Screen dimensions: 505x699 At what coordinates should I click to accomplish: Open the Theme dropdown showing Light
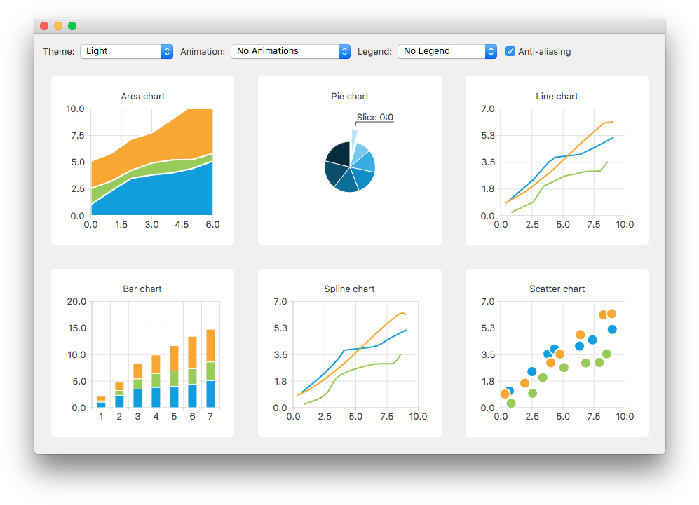pyautogui.click(x=126, y=51)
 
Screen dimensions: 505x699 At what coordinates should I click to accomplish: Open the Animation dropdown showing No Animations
pyautogui.click(x=290, y=51)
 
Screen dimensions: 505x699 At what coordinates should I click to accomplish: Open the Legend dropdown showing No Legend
pyautogui.click(x=447, y=51)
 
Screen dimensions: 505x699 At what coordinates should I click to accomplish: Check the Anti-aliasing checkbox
pyautogui.click(x=510, y=51)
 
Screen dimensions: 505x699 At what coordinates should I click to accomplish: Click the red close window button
pyautogui.click(x=44, y=26)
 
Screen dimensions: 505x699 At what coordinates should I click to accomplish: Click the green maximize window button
pyautogui.click(x=72, y=26)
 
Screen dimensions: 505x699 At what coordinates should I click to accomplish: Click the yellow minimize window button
pyautogui.click(x=58, y=26)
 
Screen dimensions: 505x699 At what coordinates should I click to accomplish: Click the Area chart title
pyautogui.click(x=142, y=96)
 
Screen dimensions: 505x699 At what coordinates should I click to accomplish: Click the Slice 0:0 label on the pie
pyautogui.click(x=374, y=118)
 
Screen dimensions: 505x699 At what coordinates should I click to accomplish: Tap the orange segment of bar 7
pyautogui.click(x=210, y=345)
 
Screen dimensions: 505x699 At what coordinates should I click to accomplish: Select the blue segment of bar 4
pyautogui.click(x=156, y=397)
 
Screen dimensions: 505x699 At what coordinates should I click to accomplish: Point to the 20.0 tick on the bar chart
pyautogui.click(x=76, y=302)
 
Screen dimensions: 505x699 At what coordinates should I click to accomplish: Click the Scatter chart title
pyautogui.click(x=557, y=289)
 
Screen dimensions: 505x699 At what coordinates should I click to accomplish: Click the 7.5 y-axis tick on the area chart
pyautogui.click(x=76, y=135)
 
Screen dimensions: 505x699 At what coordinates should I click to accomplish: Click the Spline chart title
pyautogui.click(x=349, y=289)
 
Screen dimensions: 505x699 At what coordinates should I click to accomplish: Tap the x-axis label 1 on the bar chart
pyautogui.click(x=101, y=417)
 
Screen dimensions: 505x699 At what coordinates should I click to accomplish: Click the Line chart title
pyautogui.click(x=557, y=96)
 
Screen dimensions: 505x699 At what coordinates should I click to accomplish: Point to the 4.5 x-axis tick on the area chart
pyautogui.click(x=182, y=225)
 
